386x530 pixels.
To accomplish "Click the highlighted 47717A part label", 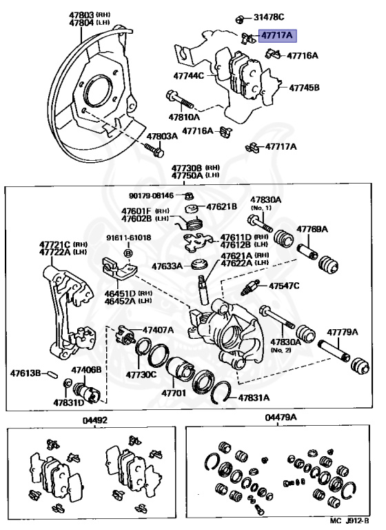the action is point(278,35).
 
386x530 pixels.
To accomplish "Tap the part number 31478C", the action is point(269,17).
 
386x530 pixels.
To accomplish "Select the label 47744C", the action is point(188,75).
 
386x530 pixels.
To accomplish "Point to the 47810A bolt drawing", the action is point(180,99).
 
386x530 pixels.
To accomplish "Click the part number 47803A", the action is point(162,136).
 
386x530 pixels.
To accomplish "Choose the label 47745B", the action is point(304,88).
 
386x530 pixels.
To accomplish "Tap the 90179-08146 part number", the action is point(151,195).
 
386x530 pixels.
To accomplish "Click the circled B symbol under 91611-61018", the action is point(129,253).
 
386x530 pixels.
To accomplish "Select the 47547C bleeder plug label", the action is point(284,286).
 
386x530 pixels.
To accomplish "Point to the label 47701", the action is point(174,393).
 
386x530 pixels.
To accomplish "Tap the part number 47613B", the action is point(26,373).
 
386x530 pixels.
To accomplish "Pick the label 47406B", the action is point(86,370).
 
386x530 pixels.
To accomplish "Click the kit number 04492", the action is point(95,420).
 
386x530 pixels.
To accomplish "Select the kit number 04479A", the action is point(281,418).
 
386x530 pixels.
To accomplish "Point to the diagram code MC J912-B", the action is point(349,521).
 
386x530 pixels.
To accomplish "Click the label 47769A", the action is point(312,229).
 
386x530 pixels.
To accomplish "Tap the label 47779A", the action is point(343,332).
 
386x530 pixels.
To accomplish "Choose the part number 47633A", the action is point(167,266).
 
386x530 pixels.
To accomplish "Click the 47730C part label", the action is point(141,375).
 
